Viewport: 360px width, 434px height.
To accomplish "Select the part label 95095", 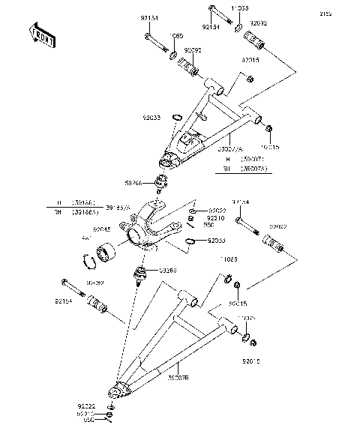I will coord(193,52).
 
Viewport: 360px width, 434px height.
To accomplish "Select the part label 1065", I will coord(178,35).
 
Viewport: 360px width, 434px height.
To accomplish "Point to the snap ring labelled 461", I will coord(90,261).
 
